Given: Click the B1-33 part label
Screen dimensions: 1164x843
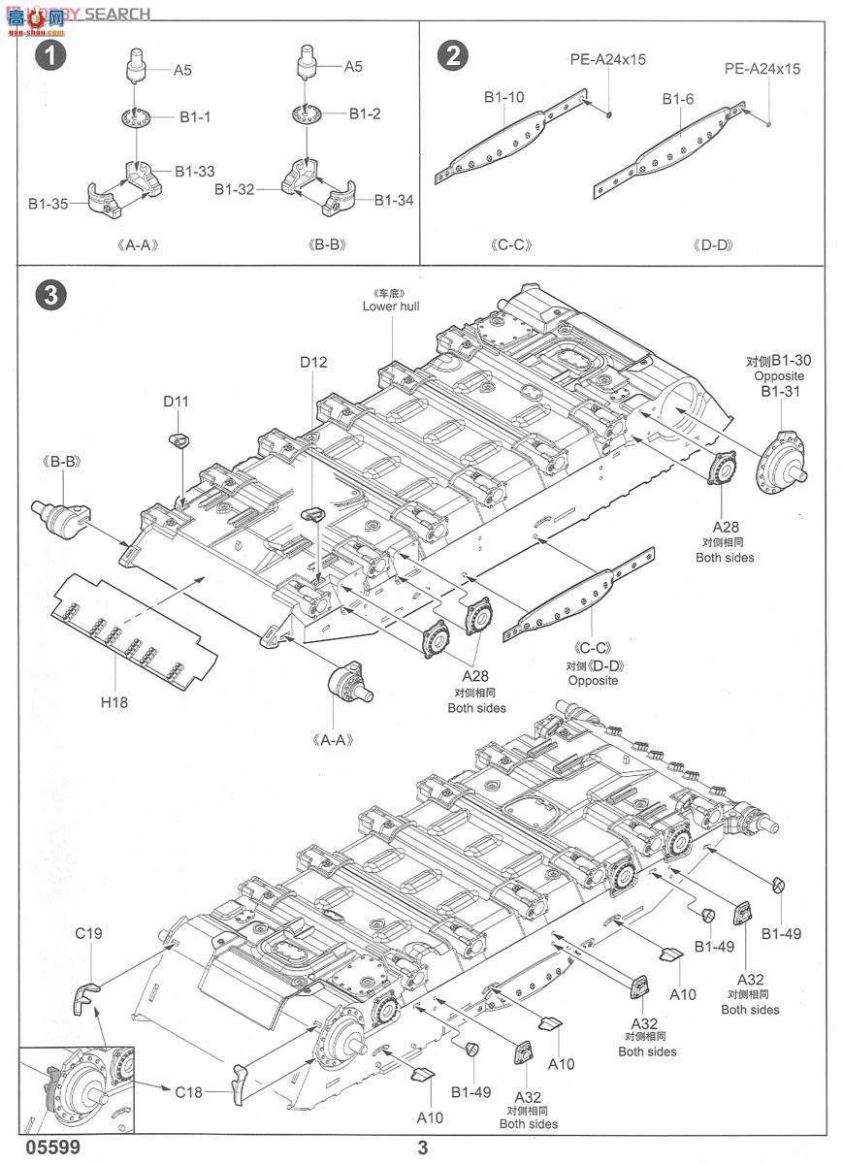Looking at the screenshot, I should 195,171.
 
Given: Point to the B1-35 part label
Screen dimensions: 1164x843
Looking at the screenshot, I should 48,204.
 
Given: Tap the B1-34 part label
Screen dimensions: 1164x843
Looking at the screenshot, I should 394,200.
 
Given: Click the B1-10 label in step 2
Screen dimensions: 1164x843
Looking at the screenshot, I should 504,97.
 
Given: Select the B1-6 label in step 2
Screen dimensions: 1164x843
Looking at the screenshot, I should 677,99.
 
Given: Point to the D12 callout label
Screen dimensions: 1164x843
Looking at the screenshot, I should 313,362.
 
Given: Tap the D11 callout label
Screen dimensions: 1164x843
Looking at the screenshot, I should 176,401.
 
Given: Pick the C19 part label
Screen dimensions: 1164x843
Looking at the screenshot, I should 89,934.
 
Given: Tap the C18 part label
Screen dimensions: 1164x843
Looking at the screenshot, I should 188,1091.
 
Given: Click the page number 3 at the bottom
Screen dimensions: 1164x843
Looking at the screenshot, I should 422,1148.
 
